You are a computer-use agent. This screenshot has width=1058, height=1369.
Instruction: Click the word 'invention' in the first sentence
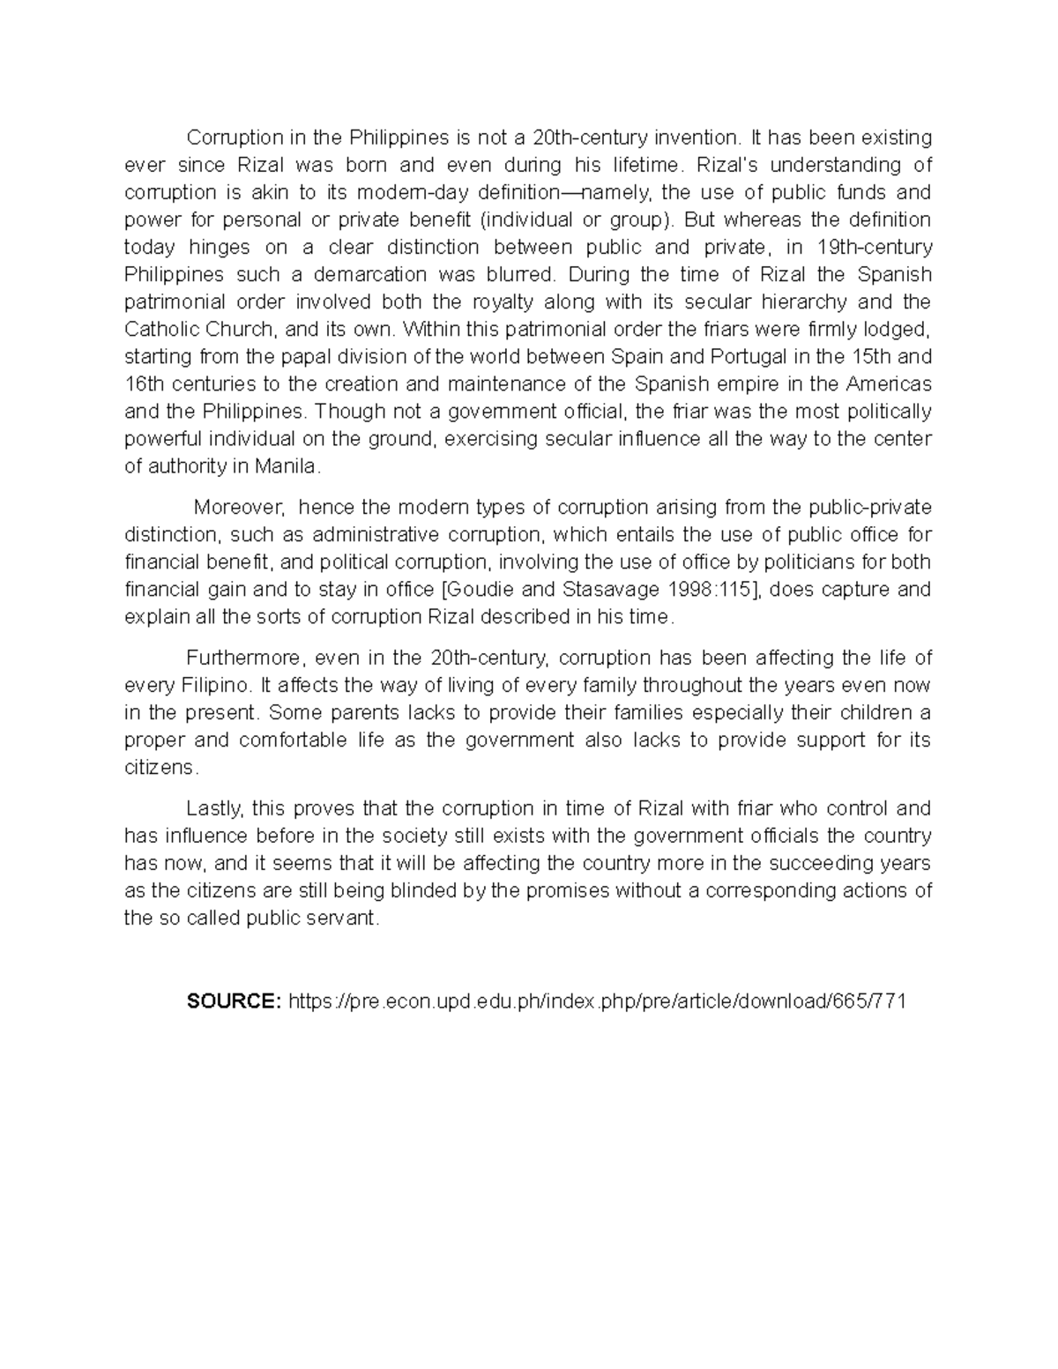pos(695,138)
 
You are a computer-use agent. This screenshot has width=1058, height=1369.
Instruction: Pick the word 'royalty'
pos(502,301)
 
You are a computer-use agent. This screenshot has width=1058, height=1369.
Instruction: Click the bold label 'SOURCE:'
pos(234,1001)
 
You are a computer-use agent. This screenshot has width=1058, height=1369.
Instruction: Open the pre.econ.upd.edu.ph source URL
pos(597,1001)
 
